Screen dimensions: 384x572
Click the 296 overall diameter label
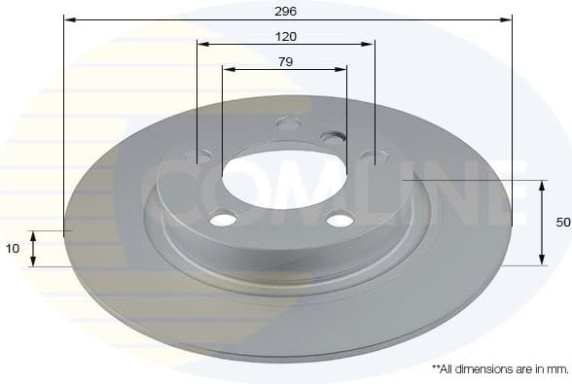coord(286,11)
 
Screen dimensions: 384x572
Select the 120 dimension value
coord(286,36)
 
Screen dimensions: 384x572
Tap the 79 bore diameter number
coord(286,61)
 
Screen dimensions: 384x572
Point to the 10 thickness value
coord(13,249)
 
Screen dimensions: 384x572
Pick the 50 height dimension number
coord(562,223)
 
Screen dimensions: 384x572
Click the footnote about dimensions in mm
coord(499,369)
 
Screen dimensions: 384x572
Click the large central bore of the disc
coord(284,176)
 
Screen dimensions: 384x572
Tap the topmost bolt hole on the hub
coord(287,123)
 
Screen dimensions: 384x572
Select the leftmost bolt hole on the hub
coord(198,156)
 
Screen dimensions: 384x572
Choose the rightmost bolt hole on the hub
coord(374,157)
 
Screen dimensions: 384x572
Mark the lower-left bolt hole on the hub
coord(223,219)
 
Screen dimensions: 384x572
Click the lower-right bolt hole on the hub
coord(340,219)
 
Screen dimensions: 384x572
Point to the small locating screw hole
coord(333,139)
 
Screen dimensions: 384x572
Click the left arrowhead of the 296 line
coord(67,18)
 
